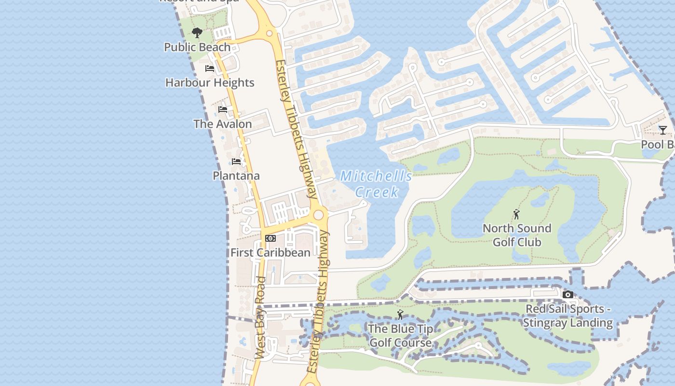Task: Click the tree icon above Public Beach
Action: (x=197, y=33)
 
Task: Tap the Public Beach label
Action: (x=197, y=47)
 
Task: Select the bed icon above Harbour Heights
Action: (x=209, y=69)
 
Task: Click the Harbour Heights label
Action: (x=210, y=83)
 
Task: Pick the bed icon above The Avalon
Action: (x=223, y=110)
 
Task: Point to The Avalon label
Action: (x=223, y=124)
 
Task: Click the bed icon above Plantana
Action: (x=236, y=162)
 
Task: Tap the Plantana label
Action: (x=236, y=176)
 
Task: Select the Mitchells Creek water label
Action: (x=377, y=184)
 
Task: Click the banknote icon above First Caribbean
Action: (x=270, y=238)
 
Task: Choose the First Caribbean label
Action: (x=270, y=252)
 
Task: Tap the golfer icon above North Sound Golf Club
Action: (x=517, y=214)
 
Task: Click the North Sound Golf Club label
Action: (x=517, y=235)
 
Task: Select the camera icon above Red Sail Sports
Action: (x=567, y=294)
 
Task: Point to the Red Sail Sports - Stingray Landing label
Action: (x=567, y=316)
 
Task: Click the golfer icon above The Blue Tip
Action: (x=400, y=315)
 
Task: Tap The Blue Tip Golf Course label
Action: (x=400, y=335)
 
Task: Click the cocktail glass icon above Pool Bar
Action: (x=663, y=130)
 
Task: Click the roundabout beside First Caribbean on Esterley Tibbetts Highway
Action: (x=318, y=214)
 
